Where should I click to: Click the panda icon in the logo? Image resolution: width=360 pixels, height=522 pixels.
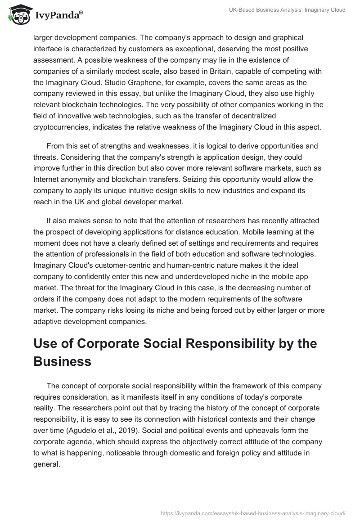coord(17,15)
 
